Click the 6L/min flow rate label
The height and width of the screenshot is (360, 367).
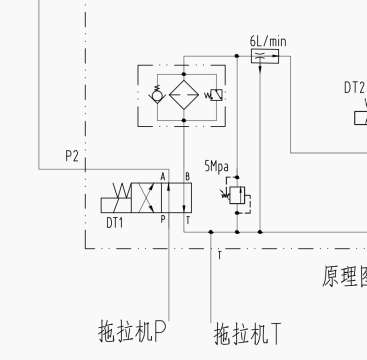(268, 41)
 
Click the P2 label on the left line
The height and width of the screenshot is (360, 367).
(72, 155)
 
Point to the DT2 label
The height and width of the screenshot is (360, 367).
(354, 88)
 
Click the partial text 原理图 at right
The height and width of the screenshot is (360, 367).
(343, 275)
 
